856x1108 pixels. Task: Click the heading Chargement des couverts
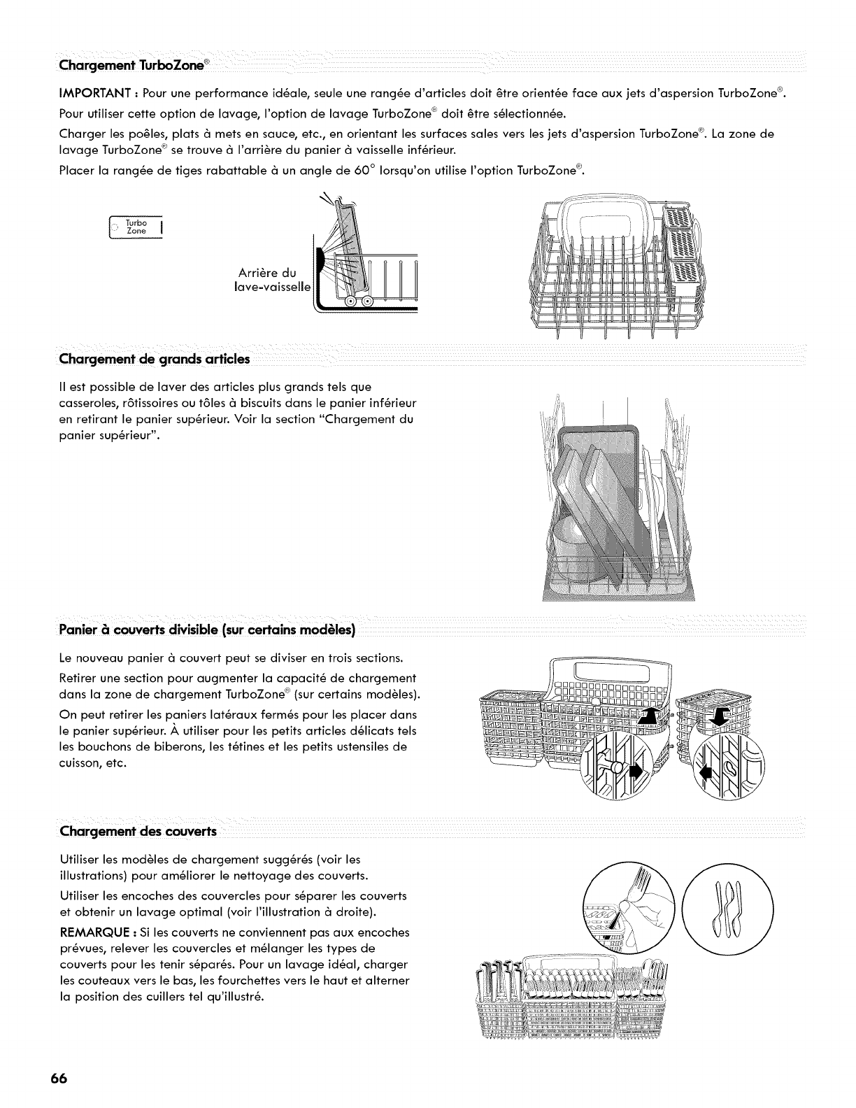[138, 832]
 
